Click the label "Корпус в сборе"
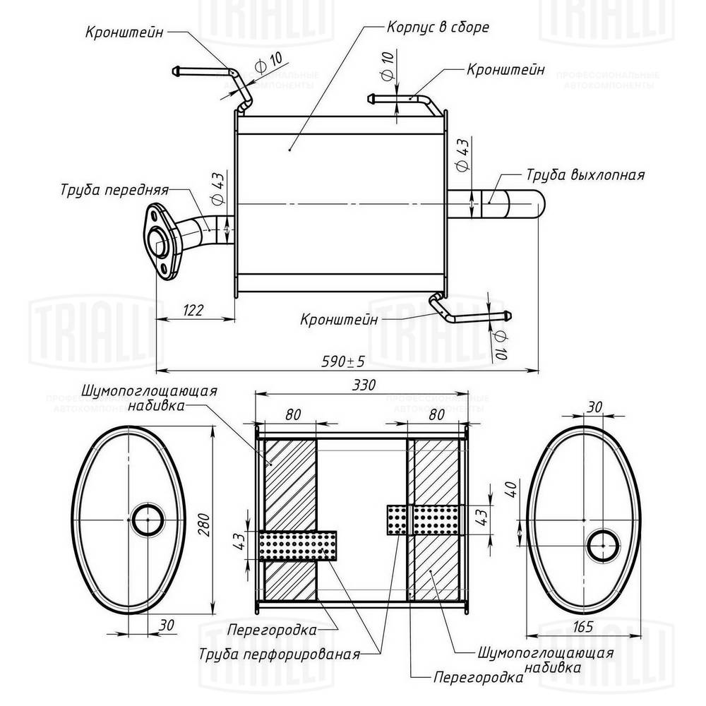tap(438, 27)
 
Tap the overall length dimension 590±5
tap(343, 361)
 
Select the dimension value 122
tap(193, 310)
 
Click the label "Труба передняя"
tap(114, 189)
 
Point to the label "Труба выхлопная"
tap(585, 174)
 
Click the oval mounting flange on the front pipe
tap(162, 242)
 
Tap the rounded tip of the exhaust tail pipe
tap(540, 205)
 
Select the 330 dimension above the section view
tap(363, 385)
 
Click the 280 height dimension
tap(205, 524)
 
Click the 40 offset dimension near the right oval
tap(512, 489)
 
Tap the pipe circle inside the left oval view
tap(148, 520)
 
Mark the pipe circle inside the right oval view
tap(603, 546)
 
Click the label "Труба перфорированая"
tap(280, 654)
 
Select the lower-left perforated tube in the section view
tap(298, 545)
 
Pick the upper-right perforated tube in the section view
tap(425, 520)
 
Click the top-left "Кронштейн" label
tap(124, 33)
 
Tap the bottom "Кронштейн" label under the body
tap(339, 320)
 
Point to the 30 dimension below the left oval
tap(167, 625)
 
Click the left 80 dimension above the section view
tap(293, 414)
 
